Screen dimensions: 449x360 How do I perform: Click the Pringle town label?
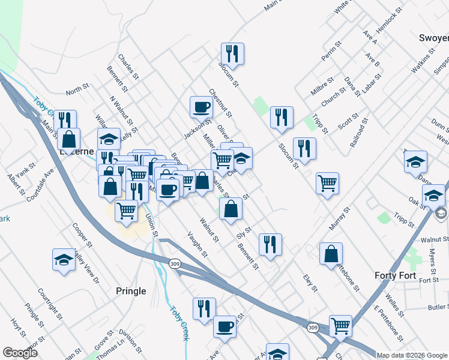130,291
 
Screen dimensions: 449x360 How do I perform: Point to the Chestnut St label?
220,103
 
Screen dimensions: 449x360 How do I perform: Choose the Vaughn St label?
197,245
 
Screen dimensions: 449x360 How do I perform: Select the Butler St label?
438,307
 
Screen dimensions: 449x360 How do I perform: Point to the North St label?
77,90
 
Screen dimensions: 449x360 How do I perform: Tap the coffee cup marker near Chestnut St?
201,107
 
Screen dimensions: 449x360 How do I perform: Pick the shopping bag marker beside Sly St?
231,209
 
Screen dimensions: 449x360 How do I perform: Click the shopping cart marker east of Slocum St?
327,183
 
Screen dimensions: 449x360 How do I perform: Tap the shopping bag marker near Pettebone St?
331,253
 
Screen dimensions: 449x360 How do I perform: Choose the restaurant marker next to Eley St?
270,244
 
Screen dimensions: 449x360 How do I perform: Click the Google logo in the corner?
20,353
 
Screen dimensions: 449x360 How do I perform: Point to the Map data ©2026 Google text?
412,355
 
